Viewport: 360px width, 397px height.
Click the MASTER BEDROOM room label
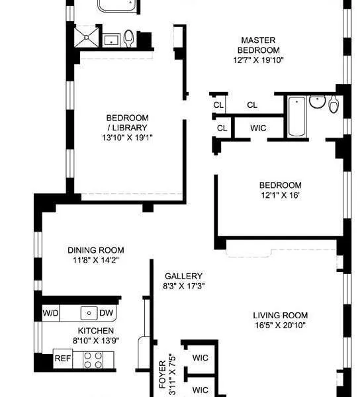click(259, 45)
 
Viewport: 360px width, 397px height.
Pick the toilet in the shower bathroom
click(128, 39)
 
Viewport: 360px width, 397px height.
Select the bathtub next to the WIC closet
click(296, 116)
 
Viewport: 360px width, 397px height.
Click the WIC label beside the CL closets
click(258, 128)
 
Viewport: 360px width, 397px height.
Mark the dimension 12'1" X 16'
click(280, 197)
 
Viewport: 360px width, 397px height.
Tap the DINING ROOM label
click(96, 250)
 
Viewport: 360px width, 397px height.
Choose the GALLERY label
click(183, 276)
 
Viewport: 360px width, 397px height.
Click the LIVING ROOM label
click(280, 315)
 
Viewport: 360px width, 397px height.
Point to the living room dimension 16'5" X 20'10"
click(280, 325)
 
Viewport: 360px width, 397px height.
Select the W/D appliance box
click(50, 313)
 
